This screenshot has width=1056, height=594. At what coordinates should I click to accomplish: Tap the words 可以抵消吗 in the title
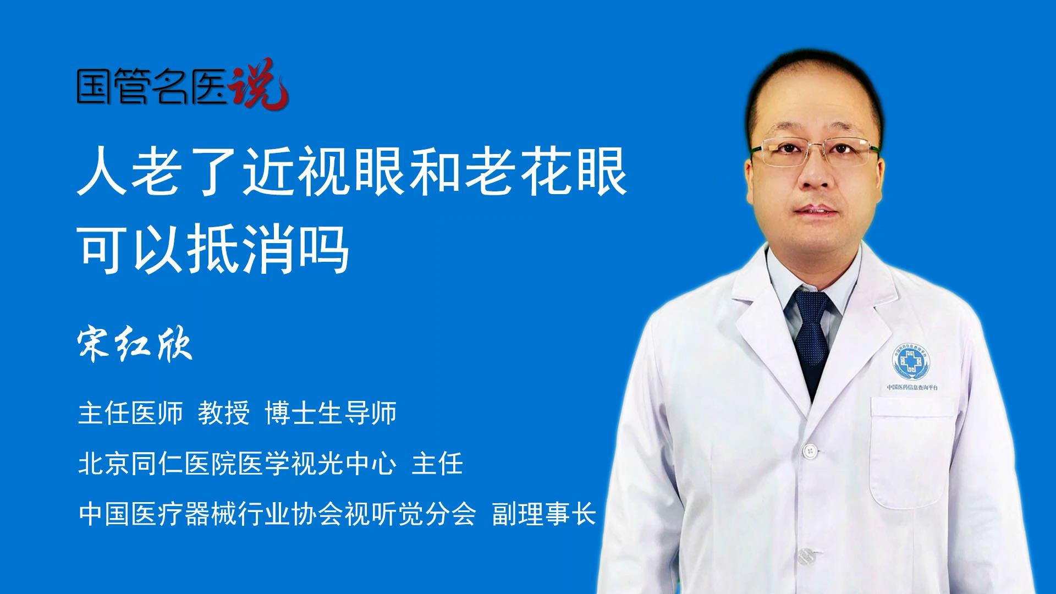coord(213,249)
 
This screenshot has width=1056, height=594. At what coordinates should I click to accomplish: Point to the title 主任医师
coord(130,413)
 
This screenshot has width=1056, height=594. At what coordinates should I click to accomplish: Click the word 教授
coord(224,413)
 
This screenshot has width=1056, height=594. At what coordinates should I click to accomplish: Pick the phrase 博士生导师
coord(331,413)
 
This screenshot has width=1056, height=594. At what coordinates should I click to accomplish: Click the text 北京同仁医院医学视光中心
coord(237,464)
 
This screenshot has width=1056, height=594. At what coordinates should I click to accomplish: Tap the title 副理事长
coord(544,514)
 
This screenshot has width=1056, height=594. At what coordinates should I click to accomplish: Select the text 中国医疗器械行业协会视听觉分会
coord(277,514)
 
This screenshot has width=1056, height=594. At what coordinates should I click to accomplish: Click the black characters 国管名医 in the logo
coord(152,86)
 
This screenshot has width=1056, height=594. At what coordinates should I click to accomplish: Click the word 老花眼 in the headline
coord(546,171)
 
